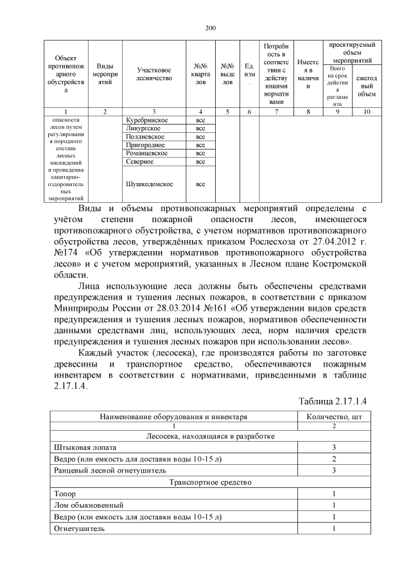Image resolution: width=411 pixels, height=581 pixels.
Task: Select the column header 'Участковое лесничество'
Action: [x=155, y=73]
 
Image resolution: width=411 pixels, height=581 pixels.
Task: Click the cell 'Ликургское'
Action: [x=143, y=128]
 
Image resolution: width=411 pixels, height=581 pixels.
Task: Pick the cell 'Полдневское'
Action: [x=146, y=137]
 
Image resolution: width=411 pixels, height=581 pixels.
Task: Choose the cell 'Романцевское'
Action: [x=148, y=153]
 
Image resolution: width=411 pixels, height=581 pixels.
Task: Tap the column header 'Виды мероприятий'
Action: [x=105, y=73]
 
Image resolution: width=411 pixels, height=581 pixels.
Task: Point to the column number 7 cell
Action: [x=275, y=112]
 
